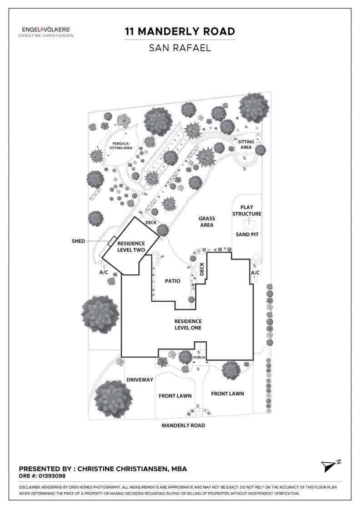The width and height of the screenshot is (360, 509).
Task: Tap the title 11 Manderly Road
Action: [180, 31]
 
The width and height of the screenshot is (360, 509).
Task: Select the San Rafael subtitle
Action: [180, 48]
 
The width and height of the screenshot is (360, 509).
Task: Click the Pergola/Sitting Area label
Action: [119, 145]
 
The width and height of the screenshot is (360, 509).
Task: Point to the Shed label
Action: [78, 241]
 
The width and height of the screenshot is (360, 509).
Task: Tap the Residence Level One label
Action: [188, 324]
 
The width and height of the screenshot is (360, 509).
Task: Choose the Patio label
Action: [172, 281]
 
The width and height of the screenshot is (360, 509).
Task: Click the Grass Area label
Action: [206, 222]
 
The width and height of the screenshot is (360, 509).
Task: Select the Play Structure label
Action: [247, 210]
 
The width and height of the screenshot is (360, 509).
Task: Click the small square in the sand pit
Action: [248, 224]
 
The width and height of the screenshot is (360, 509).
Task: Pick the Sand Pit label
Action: [247, 235]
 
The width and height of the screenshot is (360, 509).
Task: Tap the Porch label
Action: [200, 357]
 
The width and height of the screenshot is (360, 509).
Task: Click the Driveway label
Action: [140, 379]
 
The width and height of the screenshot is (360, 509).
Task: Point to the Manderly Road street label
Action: [183, 426]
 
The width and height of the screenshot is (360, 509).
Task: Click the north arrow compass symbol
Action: [329, 466]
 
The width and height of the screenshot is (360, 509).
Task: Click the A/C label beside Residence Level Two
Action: [104, 272]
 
